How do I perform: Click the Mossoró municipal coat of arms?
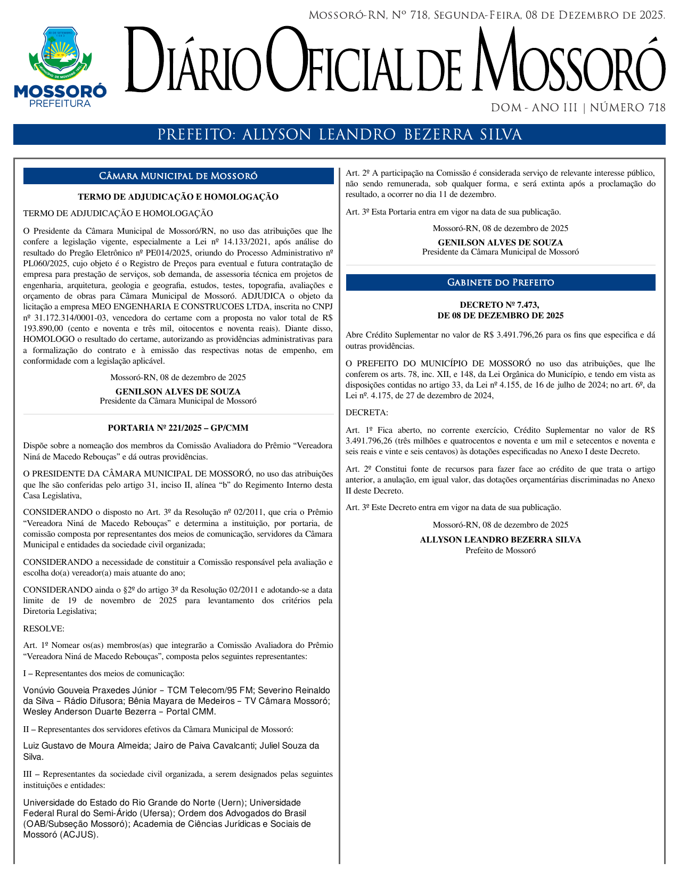60,52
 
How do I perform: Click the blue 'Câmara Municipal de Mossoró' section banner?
178,176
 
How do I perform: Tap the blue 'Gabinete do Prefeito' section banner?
500,283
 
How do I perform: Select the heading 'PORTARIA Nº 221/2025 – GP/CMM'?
178,428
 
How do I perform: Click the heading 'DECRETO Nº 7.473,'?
500,305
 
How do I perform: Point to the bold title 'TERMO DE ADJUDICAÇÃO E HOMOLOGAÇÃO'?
178,197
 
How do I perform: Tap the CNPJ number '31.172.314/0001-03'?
69,318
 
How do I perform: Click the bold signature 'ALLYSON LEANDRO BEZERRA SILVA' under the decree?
500,540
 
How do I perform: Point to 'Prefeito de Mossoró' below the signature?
500,551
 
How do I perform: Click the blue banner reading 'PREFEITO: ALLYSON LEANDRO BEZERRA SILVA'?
339,135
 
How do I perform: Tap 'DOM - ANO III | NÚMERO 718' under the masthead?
578,108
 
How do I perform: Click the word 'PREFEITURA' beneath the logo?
60,104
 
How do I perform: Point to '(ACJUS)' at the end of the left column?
79,835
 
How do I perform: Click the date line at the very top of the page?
487,15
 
